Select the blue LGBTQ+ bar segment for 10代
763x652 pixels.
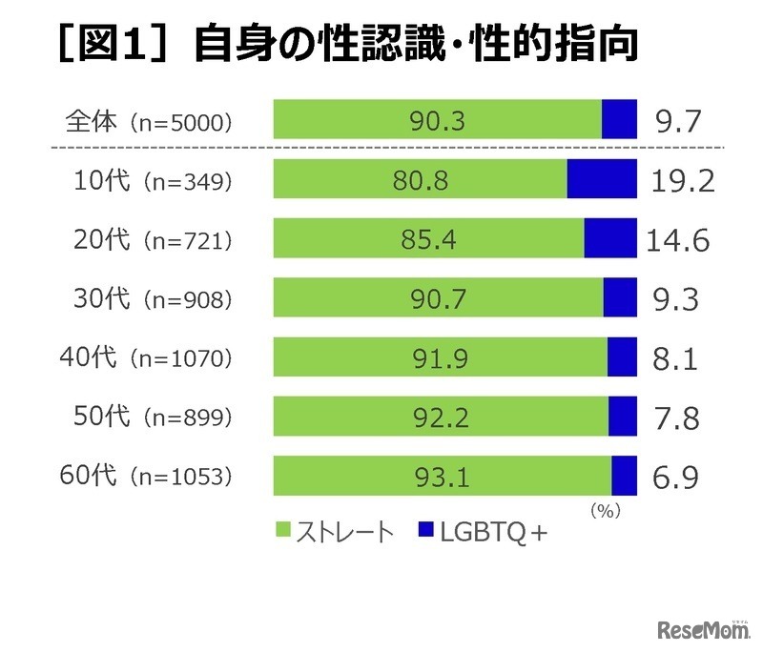(x=602, y=179)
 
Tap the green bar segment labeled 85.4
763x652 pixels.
(x=428, y=238)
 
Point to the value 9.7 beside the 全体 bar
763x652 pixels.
(x=679, y=121)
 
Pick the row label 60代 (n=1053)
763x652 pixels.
(x=153, y=475)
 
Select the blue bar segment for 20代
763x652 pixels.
(x=610, y=238)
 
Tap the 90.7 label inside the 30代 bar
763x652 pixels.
(x=438, y=297)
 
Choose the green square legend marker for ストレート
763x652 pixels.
(x=283, y=532)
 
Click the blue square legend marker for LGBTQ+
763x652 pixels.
(x=426, y=532)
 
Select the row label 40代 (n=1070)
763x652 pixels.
(x=153, y=357)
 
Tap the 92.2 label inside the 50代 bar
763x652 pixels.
(x=441, y=416)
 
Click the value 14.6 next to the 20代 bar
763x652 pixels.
(x=679, y=239)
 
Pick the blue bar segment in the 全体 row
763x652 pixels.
(x=619, y=120)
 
